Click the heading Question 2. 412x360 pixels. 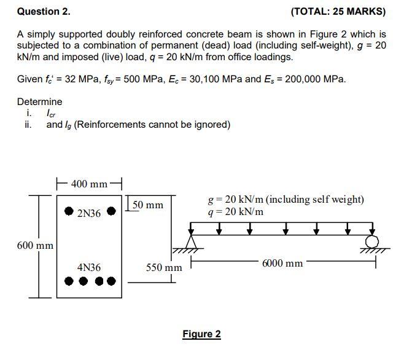(x=44, y=11)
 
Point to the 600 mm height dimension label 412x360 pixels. (x=36, y=246)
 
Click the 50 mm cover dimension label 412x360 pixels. (x=148, y=205)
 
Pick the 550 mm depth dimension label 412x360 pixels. (x=164, y=268)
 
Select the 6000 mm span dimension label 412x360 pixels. (x=282, y=263)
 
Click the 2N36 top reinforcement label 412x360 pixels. (x=89, y=213)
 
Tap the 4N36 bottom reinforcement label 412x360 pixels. (x=89, y=268)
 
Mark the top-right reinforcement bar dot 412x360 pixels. (x=111, y=210)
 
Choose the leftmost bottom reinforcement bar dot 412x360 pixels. (x=69, y=282)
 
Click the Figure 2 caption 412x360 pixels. (x=201, y=334)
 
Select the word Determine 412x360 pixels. (x=39, y=101)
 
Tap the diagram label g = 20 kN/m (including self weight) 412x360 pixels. (x=286, y=199)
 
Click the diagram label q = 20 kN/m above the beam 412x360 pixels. (x=236, y=211)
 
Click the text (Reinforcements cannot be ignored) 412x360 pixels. (x=154, y=125)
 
